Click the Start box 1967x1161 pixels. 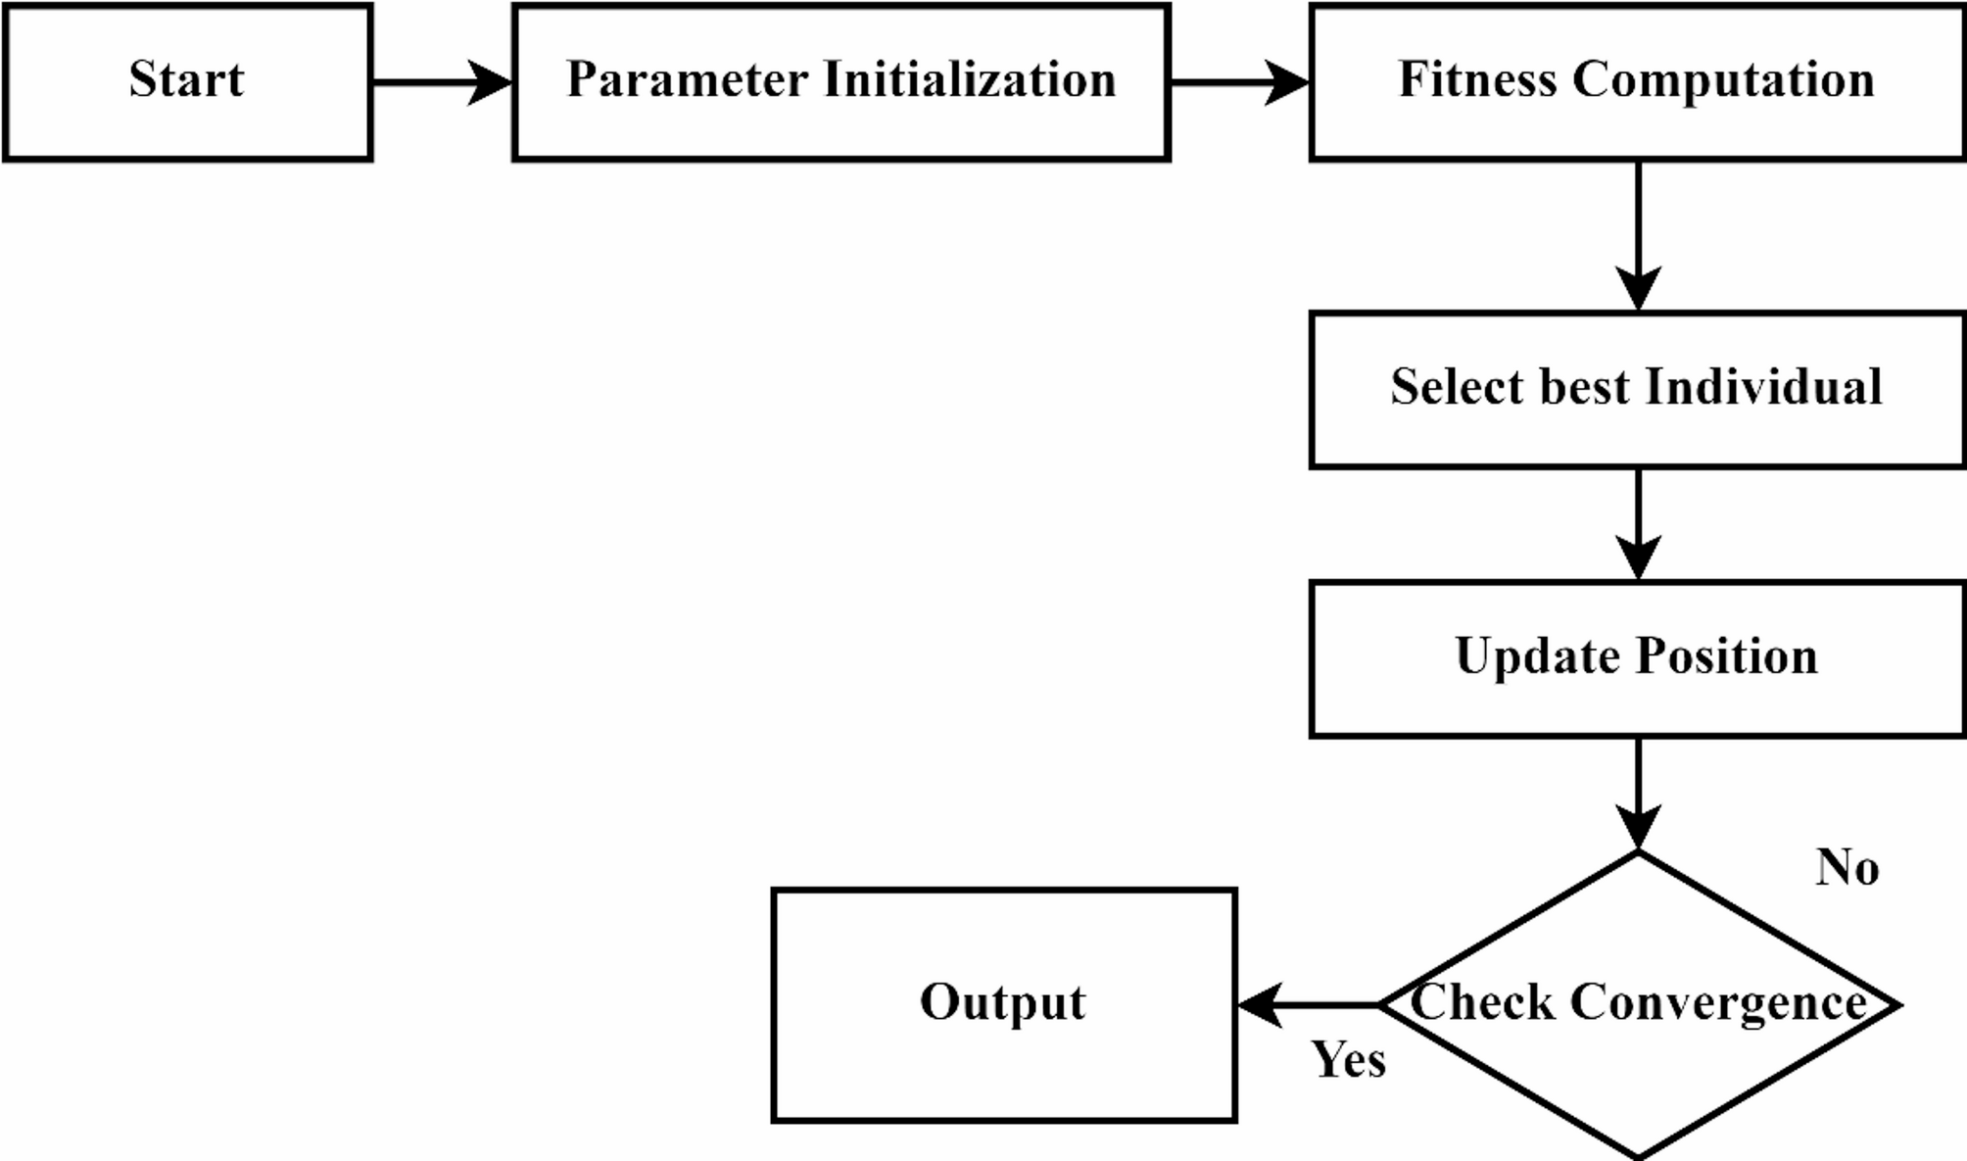(x=187, y=81)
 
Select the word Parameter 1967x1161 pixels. (x=688, y=80)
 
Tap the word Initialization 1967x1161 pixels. (x=969, y=80)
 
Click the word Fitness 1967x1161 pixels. (x=1476, y=80)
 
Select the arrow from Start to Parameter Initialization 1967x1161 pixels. (x=441, y=82)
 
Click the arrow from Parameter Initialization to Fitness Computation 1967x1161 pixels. (x=1239, y=82)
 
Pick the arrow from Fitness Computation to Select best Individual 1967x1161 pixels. (x=1638, y=235)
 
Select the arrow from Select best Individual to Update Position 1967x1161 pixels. (x=1638, y=524)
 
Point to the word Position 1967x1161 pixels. (x=1727, y=656)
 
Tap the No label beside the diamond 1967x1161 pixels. (x=1847, y=868)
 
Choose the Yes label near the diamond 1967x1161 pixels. (x=1348, y=1060)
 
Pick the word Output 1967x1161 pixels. (x=1002, y=1003)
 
